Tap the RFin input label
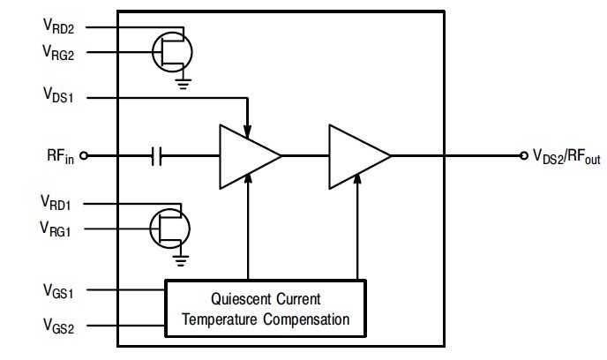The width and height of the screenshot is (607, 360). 61,157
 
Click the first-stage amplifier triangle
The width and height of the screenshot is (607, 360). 246,156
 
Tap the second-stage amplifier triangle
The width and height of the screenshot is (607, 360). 356,156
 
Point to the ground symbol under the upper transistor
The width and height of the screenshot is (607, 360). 183,83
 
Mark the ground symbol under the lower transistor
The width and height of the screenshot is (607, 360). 183,259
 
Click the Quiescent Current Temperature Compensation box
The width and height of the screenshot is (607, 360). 264,306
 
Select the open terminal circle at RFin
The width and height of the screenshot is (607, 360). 84,157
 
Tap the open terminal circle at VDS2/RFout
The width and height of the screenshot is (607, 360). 523,156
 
